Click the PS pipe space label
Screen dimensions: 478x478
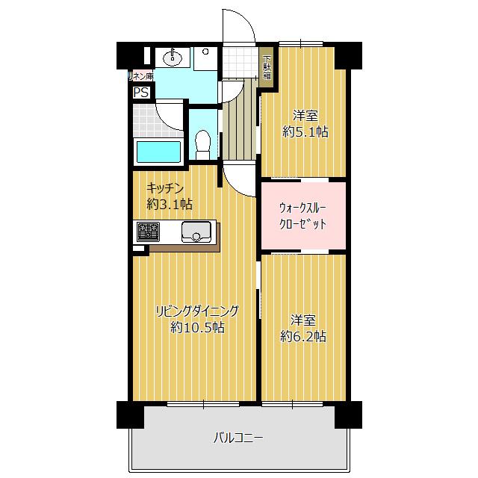[141, 92]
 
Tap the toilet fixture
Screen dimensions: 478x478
[202, 145]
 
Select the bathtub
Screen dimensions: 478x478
[158, 152]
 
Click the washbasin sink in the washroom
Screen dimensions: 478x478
[172, 57]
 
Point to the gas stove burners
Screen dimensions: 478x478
[148, 232]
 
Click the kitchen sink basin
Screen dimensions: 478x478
[196, 232]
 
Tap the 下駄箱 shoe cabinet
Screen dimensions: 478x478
[267, 67]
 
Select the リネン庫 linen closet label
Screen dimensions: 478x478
[141, 76]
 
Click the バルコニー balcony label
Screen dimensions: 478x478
[238, 438]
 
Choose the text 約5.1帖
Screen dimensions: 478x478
[305, 132]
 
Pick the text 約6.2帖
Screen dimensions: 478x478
[303, 337]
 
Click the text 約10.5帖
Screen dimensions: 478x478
[197, 327]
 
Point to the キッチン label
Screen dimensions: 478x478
[165, 188]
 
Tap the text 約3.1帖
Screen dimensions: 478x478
[170, 204]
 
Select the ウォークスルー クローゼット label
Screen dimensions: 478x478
[302, 216]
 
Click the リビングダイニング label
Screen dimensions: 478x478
[197, 311]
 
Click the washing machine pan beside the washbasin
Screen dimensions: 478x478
[205, 58]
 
